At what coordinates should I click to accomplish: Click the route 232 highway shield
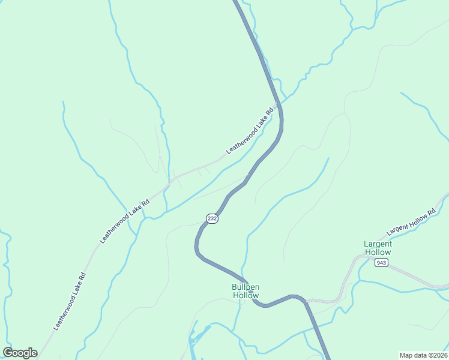tap(211, 219)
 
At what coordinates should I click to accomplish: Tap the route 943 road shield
tap(381, 263)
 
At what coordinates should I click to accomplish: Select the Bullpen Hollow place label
tap(246, 291)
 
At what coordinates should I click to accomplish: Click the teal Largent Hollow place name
tap(378, 248)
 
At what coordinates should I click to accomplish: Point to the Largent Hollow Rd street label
tap(411, 223)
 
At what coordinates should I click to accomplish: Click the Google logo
tap(20, 353)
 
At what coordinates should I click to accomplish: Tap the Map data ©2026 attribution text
tap(423, 355)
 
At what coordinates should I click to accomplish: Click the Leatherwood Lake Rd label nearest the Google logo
tap(70, 301)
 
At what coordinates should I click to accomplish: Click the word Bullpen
tap(246, 287)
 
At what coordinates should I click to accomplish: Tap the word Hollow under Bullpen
tap(246, 295)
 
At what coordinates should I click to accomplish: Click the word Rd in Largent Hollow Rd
tap(430, 214)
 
